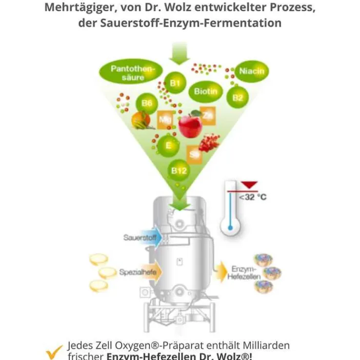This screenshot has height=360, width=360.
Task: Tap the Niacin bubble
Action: pos(252,72)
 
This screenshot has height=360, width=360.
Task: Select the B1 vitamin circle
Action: pos(175,83)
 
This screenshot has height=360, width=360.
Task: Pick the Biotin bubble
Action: pos(205,91)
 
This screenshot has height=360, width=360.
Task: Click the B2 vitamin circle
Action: pos(238,97)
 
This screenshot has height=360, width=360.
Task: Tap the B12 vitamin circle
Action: pos(179,170)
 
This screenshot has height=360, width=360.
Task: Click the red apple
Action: pos(190,125)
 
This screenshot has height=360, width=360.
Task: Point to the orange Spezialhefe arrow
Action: pos(139,272)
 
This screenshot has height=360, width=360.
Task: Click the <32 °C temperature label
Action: pos(252,197)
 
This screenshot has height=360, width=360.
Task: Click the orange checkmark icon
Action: pos(54,351)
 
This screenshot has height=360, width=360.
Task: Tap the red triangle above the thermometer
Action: pos(249,184)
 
